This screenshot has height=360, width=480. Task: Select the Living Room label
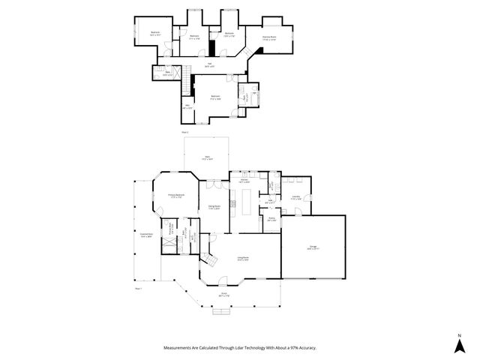click(243, 258)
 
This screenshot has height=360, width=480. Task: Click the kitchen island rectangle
click(245, 199)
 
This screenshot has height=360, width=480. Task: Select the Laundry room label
click(296, 196)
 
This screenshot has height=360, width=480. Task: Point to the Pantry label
click(271, 219)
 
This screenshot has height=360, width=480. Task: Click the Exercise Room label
click(268, 37)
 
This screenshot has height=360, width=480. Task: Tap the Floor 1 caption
click(138, 287)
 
